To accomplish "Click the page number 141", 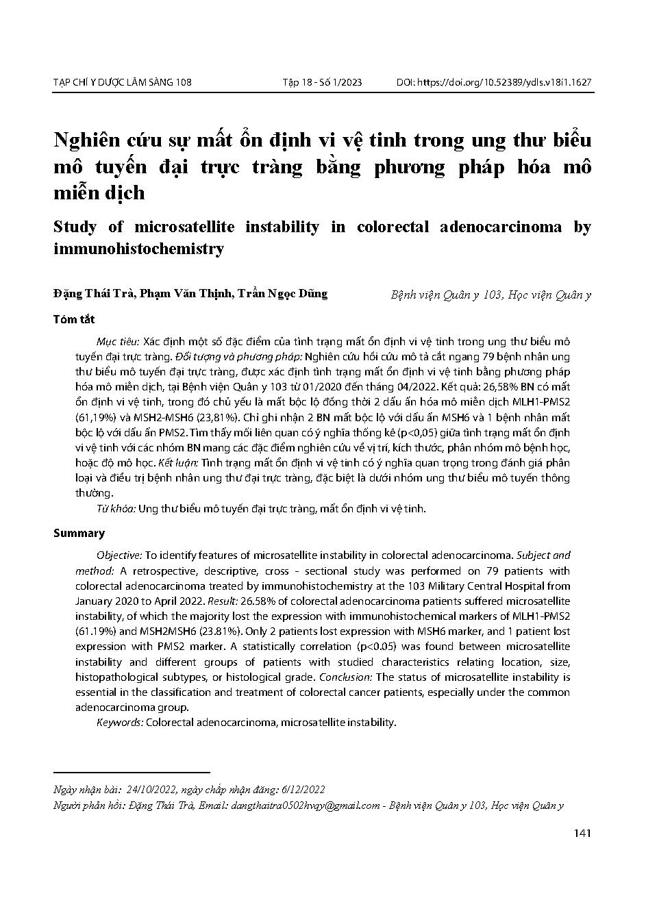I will pos(583,834).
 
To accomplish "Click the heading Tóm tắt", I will pos(74,319).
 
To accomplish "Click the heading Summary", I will pos(79,533).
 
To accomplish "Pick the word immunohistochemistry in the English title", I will pos(138,249).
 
